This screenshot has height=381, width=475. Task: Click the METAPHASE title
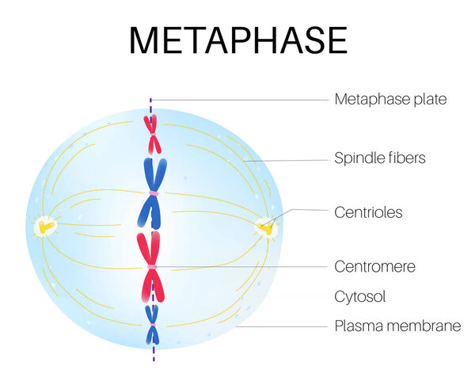click(x=237, y=40)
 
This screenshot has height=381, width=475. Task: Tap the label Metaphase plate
click(x=390, y=100)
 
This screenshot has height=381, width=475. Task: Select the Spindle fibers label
click(x=380, y=158)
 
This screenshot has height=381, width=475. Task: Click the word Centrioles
click(x=368, y=212)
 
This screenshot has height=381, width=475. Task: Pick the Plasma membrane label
click(x=397, y=326)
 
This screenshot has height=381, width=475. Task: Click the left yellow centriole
click(x=44, y=228)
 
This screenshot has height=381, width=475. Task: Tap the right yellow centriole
click(x=267, y=228)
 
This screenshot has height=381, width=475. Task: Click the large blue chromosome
click(x=151, y=192)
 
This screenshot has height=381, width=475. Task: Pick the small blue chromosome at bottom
click(x=151, y=325)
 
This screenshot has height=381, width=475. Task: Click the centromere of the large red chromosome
click(x=151, y=267)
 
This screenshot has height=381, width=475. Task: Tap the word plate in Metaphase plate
click(x=431, y=100)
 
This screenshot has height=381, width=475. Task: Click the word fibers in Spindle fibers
click(x=407, y=158)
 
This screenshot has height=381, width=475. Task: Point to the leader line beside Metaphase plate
click(x=237, y=100)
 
